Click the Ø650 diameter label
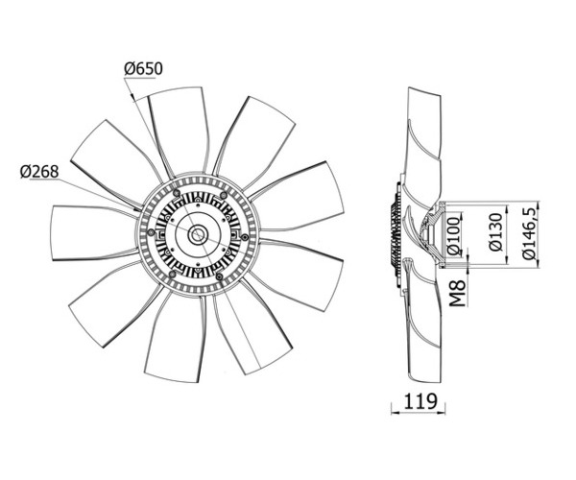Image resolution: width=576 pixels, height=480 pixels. tap(143, 69)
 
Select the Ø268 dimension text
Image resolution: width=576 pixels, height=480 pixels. tap(39, 172)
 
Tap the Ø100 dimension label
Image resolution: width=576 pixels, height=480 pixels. tap(454, 236)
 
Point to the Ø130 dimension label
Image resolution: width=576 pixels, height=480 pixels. tap(496, 231)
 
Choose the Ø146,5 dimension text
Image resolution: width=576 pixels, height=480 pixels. tap(530, 233)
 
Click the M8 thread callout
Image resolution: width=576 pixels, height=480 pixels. tap(458, 293)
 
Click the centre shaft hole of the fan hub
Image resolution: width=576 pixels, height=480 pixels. tap(198, 234)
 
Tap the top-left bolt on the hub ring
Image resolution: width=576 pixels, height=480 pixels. tap(177, 193)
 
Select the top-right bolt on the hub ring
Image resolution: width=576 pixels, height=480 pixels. tap(222, 194)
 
